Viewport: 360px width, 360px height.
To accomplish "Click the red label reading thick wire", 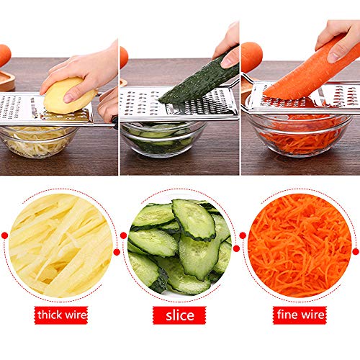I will point(60,315).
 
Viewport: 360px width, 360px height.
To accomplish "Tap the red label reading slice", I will point(179,315).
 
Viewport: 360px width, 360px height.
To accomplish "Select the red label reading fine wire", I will point(300,315).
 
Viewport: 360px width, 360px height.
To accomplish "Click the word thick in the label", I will point(48,315).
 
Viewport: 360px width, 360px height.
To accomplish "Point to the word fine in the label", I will point(288,315).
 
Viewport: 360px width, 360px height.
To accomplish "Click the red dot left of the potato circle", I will point(5,235).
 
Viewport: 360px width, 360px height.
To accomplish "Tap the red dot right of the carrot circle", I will point(355,251).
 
